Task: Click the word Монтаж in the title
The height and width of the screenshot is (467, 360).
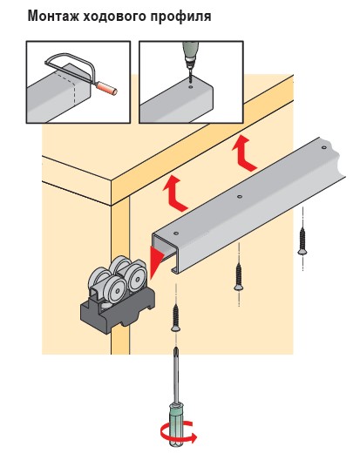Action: click(x=53, y=16)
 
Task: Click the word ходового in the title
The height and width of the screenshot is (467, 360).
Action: click(x=115, y=17)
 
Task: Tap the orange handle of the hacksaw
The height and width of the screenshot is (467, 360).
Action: click(x=107, y=88)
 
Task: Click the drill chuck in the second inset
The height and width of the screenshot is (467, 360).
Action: click(x=189, y=63)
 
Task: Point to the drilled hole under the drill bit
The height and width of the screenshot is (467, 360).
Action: click(x=191, y=86)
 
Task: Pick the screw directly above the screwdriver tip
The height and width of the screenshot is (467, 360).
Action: click(x=175, y=318)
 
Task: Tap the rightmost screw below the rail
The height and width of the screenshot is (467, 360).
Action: click(x=302, y=241)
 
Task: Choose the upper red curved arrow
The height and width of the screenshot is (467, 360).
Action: click(x=243, y=152)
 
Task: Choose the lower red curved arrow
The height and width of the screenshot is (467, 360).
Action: click(x=174, y=193)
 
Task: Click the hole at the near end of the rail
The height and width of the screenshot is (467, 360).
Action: click(x=176, y=233)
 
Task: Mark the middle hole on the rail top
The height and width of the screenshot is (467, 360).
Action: click(x=240, y=196)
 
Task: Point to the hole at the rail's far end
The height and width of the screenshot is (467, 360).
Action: click(x=323, y=147)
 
